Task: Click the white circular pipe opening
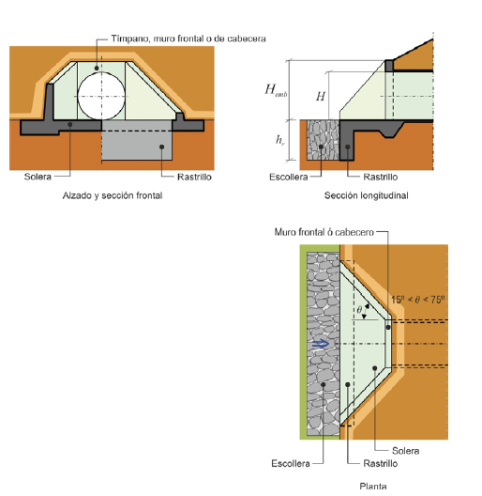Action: tap(101, 96)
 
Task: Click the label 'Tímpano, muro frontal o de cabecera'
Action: tap(188, 39)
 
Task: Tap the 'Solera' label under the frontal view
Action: tap(38, 177)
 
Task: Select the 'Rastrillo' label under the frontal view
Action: tap(194, 177)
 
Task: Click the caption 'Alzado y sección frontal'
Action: tap(113, 195)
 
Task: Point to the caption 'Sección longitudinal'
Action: tap(367, 195)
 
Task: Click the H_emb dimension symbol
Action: tap(276, 90)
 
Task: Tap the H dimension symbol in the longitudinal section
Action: tap(321, 96)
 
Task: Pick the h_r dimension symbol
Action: tap(280, 139)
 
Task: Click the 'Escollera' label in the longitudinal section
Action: tap(289, 177)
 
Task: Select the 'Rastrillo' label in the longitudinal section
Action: tap(381, 177)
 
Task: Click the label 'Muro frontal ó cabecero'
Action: tap(324, 232)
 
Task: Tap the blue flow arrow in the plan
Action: tap(321, 344)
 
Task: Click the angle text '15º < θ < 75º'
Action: tap(418, 300)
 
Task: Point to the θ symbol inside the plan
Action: tap(359, 310)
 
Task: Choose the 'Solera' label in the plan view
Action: tap(405, 451)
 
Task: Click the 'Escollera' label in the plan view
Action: tap(291, 463)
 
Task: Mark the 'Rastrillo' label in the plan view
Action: tap(381, 463)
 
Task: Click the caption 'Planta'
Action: tap(373, 487)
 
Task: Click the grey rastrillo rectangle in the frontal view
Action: tap(137, 140)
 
